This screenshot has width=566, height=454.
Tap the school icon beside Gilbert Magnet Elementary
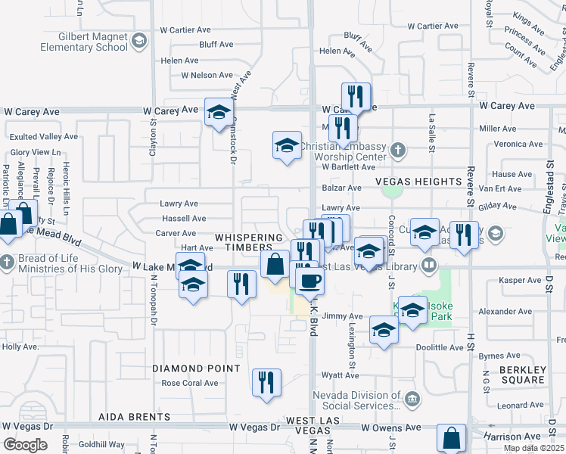tap(138, 42)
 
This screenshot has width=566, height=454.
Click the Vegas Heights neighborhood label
tap(418, 182)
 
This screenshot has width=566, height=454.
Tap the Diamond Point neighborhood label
tap(196, 368)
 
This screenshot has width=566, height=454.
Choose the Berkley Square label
tap(523, 375)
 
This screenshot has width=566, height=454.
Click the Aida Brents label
tap(133, 417)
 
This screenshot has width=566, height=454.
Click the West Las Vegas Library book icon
tap(429, 265)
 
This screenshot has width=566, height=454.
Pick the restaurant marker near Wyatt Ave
tap(266, 383)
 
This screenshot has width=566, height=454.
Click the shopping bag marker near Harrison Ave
tap(452, 438)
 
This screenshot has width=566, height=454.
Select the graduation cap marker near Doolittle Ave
tap(384, 331)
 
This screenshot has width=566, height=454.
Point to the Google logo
tap(25, 445)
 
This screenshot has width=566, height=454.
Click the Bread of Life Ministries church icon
tap(7, 263)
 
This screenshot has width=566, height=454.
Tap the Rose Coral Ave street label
tap(190, 383)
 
